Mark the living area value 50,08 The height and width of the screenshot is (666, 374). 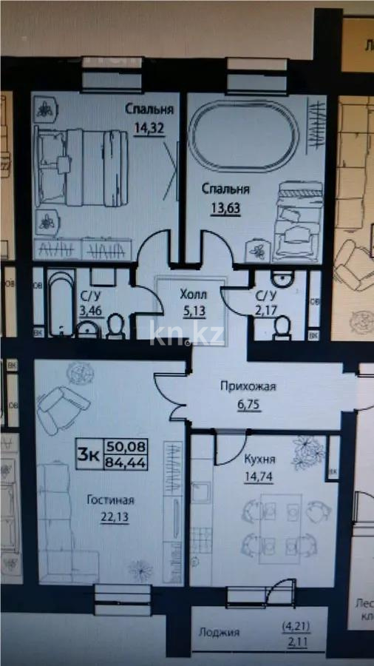[x=127, y=446]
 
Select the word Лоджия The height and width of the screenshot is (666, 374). [x=219, y=633]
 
